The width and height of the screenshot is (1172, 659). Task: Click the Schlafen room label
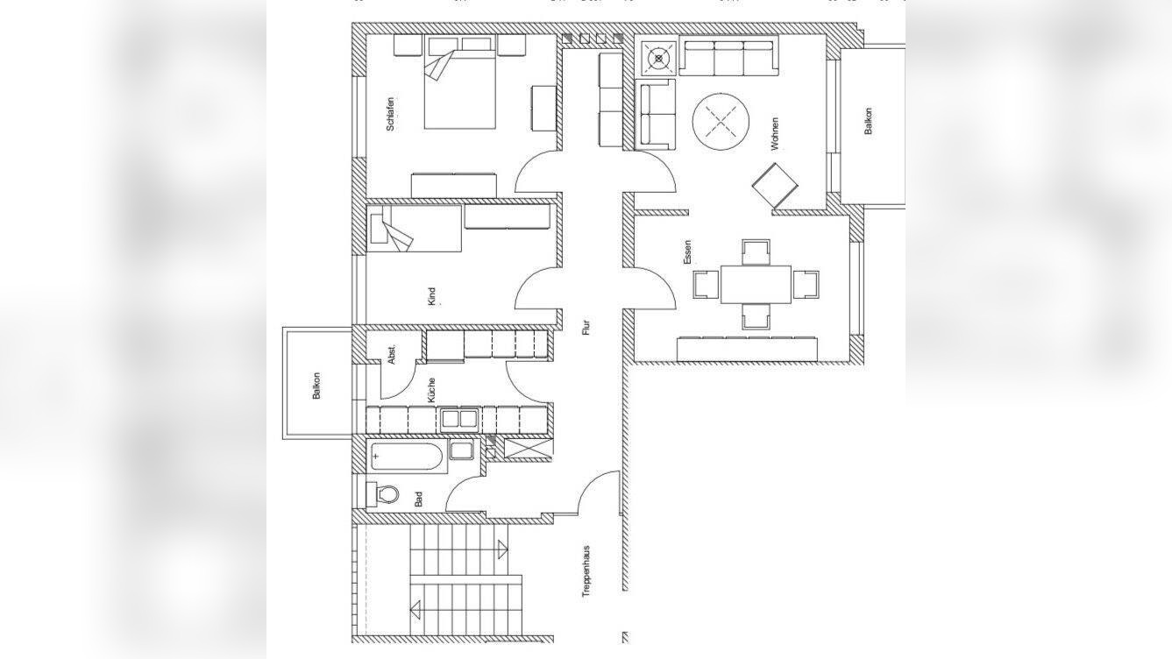click(x=390, y=114)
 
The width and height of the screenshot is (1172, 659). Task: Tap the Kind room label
click(x=431, y=296)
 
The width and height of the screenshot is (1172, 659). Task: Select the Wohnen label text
click(x=775, y=134)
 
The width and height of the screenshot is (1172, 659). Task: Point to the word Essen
click(x=687, y=252)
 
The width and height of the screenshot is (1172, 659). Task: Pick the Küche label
click(x=431, y=390)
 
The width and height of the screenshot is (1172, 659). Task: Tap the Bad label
click(x=418, y=499)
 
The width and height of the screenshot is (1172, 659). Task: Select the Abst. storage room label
click(x=391, y=353)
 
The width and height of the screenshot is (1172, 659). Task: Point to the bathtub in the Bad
click(x=407, y=457)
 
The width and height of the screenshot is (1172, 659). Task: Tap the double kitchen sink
click(x=459, y=420)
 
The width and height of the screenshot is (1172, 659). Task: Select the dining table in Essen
click(x=756, y=284)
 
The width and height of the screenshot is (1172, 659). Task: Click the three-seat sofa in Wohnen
click(x=728, y=56)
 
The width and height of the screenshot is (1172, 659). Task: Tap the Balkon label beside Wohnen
click(x=868, y=121)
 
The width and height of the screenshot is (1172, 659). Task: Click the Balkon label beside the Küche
click(x=316, y=386)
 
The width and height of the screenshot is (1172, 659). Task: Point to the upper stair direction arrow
click(x=503, y=549)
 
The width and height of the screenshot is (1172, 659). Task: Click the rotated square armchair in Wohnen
click(x=775, y=185)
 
